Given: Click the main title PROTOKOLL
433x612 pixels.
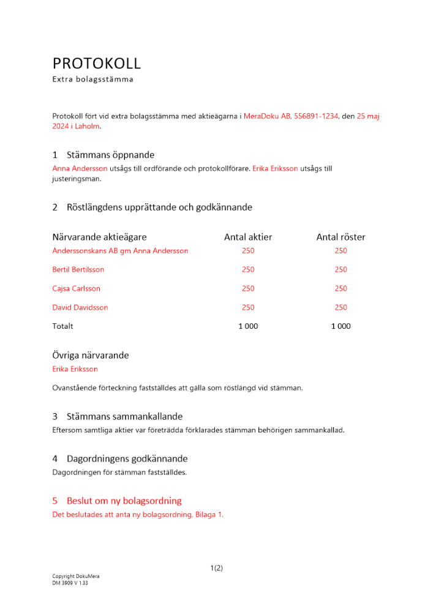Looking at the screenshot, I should coord(97,63).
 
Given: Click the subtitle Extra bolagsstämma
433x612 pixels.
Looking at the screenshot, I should coord(92,80).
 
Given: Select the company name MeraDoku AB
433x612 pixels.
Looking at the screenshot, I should coord(267,116).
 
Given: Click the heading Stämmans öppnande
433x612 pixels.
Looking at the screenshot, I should coord(110,155).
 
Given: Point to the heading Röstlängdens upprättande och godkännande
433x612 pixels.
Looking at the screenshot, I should coord(159,207).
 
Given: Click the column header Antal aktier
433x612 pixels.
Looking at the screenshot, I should coord(248,237).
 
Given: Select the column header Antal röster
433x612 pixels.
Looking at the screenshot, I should coord(341,237).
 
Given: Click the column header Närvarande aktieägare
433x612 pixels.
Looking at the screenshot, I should coord(99,237).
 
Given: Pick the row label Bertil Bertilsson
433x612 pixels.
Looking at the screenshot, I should coord(78,270).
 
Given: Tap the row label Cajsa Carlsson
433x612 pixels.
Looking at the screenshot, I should coord(77,289).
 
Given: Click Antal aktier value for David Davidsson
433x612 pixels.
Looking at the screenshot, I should coord(248,308).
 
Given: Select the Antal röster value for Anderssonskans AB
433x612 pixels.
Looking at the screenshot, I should coord(341,251).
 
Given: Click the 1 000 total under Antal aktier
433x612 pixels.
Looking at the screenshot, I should coord(248,327).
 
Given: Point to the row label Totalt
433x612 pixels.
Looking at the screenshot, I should coord(63,327).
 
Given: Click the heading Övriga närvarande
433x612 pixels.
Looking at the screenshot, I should coord(91,356).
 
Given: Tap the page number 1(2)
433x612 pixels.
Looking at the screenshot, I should coord(216,568).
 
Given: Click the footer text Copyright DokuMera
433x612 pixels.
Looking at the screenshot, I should coord(76,577).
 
